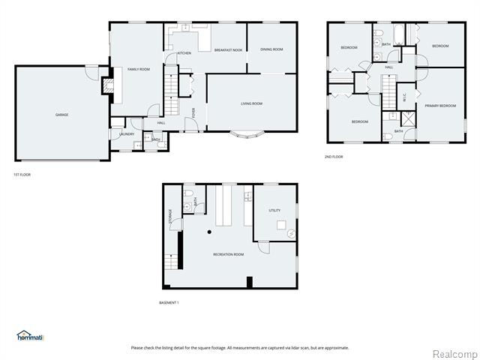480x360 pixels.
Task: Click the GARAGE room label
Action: point(61,115)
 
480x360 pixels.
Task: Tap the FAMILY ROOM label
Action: point(138,69)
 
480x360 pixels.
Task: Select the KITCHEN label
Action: point(184,54)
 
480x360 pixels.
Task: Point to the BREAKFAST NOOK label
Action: point(227,49)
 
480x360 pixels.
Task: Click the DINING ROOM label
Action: point(271,49)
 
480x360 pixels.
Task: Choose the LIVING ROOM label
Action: point(251,103)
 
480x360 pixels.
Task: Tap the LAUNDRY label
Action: point(127,134)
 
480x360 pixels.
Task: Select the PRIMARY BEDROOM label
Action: point(440,106)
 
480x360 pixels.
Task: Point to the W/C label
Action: point(404,95)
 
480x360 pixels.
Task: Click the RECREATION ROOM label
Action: point(229,255)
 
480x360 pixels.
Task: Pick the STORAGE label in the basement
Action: point(170,216)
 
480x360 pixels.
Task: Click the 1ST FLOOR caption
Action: point(22,175)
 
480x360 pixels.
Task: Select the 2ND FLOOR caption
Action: point(334,157)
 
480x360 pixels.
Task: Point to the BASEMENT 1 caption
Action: point(169,302)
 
